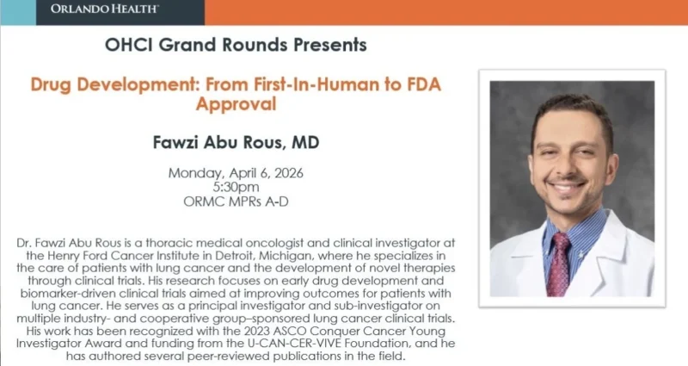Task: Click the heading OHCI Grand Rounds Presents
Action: (x=236, y=43)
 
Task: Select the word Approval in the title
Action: (x=236, y=104)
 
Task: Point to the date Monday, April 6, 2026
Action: (x=236, y=172)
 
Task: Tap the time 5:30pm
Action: (x=236, y=186)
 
